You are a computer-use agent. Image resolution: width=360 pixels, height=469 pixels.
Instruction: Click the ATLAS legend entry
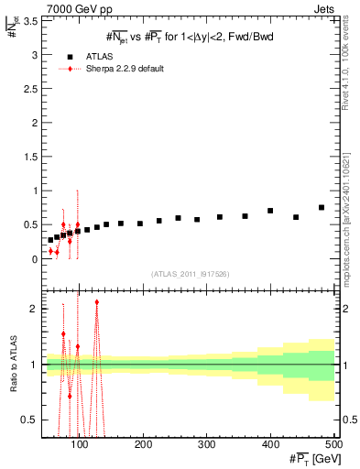[x=99, y=56]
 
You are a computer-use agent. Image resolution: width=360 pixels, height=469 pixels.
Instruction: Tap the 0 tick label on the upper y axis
[x=34, y=259]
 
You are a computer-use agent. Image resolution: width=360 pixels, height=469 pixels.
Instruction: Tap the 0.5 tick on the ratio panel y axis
[x=29, y=420]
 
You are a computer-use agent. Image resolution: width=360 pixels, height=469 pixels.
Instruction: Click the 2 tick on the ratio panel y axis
[x=34, y=309]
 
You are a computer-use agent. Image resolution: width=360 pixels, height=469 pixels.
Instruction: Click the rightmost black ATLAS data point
[x=322, y=208]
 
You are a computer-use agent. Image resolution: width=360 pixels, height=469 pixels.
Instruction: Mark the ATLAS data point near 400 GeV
[x=270, y=211]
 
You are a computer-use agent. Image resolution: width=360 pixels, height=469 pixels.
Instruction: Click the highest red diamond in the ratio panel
[x=96, y=302]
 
